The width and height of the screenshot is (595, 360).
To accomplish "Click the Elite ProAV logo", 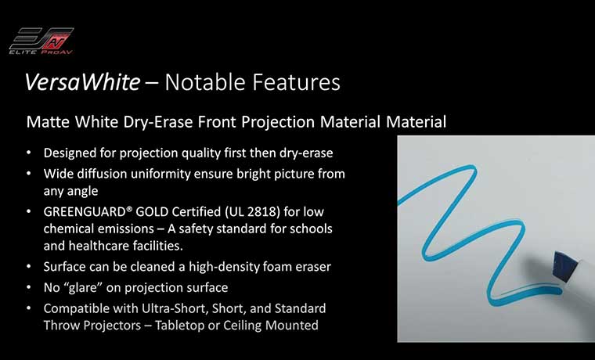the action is pyautogui.click(x=41, y=41).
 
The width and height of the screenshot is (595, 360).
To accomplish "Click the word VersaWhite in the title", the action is pyautogui.click(x=82, y=82).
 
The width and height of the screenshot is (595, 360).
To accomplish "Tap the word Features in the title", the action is pyautogui.click(x=297, y=82).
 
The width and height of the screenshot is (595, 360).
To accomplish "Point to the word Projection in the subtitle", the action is pyautogui.click(x=278, y=122).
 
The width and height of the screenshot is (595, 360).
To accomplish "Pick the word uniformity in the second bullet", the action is pyautogui.click(x=160, y=174).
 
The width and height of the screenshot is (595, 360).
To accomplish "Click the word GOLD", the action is pyautogui.click(x=152, y=211).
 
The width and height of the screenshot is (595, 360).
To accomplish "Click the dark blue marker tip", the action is pyautogui.click(x=565, y=267).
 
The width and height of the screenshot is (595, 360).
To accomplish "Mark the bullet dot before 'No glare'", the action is pyautogui.click(x=29, y=287).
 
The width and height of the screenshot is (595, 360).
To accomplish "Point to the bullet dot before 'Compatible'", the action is pyautogui.click(x=29, y=308).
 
